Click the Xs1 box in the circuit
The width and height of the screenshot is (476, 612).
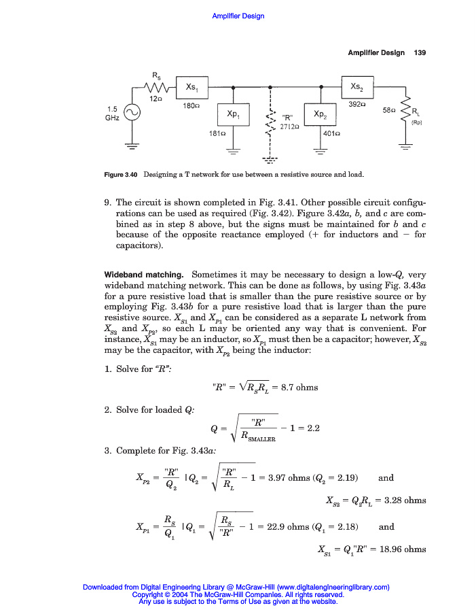[191, 87]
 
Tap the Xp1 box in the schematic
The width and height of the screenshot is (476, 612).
[233, 114]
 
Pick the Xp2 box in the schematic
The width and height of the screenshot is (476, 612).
[321, 114]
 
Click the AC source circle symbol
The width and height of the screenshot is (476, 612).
[132, 113]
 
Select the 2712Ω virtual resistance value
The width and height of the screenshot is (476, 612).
[291, 126]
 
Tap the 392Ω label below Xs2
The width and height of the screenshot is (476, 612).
[357, 105]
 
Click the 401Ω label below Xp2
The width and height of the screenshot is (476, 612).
[331, 134]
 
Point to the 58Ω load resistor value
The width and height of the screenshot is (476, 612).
[390, 110]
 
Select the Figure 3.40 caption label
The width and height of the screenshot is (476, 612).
[122, 175]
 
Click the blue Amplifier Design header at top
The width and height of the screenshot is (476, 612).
[238, 16]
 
